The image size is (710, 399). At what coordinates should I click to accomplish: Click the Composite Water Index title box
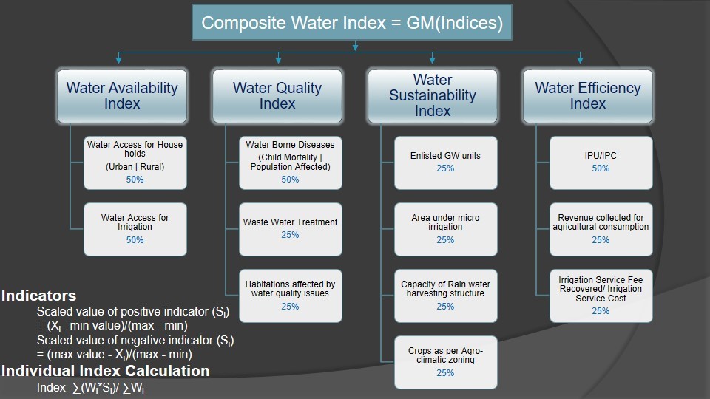coord(352,23)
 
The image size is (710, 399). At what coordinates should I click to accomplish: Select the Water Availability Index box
coord(122,96)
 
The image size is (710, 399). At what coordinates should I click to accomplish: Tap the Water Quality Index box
coord(277,96)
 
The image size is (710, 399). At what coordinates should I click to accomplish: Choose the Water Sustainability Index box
coord(433,96)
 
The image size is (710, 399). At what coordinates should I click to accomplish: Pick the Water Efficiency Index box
coord(588,96)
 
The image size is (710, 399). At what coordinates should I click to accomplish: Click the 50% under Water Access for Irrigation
coord(135,240)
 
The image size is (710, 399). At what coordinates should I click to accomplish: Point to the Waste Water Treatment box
coord(290,229)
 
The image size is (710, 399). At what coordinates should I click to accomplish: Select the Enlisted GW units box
coord(445,163)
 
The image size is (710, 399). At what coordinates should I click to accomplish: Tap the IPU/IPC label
coord(601,156)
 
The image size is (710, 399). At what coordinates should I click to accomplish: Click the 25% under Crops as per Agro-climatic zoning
coord(445,373)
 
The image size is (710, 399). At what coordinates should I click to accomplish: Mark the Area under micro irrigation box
coord(445,229)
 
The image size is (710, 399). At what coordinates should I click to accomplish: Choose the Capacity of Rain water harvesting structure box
coord(445,296)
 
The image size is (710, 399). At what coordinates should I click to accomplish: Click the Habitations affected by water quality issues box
coord(290,296)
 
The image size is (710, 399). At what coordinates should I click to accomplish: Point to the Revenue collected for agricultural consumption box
coord(601,229)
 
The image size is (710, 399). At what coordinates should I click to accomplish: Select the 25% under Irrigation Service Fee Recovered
coord(601,311)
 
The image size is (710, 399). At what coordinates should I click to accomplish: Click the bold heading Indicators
coord(39,296)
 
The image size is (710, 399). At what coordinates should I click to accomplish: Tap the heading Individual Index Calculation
coord(106,371)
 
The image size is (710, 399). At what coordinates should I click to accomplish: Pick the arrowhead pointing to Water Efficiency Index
coord(580,60)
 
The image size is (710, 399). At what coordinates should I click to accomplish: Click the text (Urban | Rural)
coord(135,167)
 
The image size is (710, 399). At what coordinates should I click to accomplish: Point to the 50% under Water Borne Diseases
coord(290,180)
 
